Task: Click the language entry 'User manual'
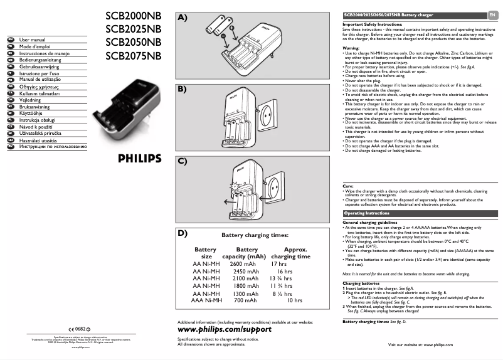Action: point(33,40)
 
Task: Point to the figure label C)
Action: point(183,161)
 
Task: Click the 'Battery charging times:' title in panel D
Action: point(255,236)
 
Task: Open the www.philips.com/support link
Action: point(225,329)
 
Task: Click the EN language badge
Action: point(492,14)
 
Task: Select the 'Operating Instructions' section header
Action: point(367,213)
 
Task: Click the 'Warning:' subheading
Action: point(351,48)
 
